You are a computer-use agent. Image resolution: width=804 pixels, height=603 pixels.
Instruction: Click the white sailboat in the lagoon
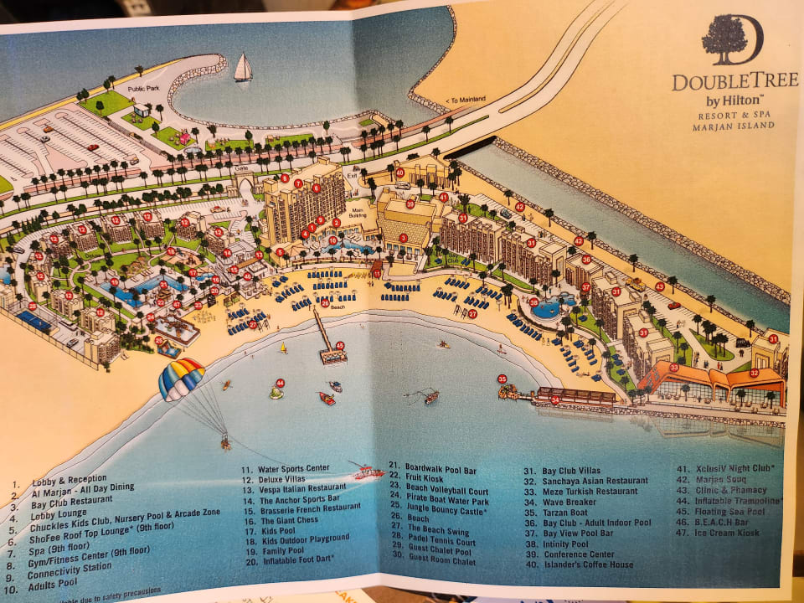[243, 68]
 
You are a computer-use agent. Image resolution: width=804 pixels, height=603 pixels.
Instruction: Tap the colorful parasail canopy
[182, 378]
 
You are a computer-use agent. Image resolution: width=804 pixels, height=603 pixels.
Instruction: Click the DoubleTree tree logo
[724, 40]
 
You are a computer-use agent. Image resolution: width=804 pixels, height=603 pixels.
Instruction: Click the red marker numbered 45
[339, 345]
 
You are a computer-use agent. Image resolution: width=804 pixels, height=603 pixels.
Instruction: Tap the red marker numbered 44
[280, 383]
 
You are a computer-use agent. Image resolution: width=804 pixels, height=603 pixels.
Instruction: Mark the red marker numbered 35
[502, 379]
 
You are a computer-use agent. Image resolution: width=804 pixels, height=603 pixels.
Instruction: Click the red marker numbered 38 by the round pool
[533, 301]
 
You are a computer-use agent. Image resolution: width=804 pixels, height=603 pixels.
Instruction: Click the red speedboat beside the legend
[367, 473]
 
